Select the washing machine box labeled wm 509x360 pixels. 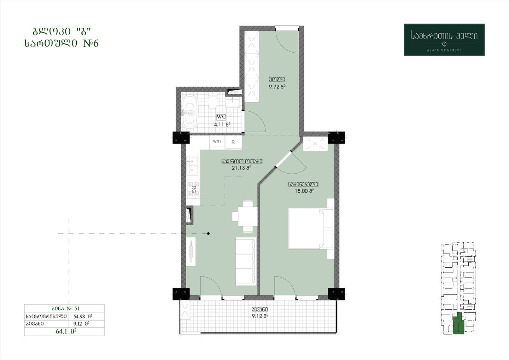pos(217,142)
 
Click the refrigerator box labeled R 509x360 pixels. pos(234,142)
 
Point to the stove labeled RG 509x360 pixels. pos(193,188)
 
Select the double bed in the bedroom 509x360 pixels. pos(311,229)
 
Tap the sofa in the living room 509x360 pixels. pos(246,261)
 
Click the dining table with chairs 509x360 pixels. pos(245,216)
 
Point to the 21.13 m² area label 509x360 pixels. pos(241,168)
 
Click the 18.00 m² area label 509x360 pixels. pos(304,191)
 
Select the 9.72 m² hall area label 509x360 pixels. pos(277,87)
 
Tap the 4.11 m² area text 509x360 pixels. pos(222,124)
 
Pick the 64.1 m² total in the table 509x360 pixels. pos(66,332)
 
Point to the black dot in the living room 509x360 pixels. pos(209,233)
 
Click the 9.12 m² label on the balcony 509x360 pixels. pos(260,316)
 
